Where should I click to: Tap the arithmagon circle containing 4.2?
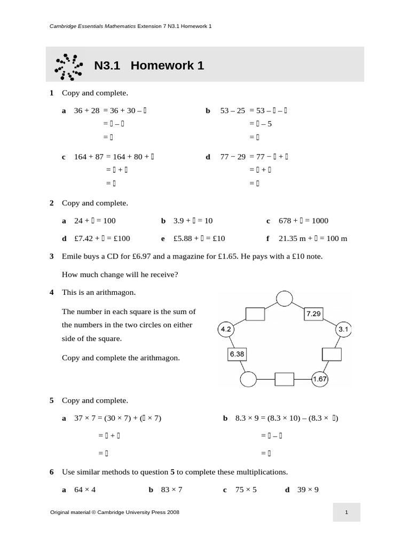click(x=225, y=330)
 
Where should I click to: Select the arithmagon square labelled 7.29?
click(x=313, y=314)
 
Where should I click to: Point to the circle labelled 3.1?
click(x=343, y=330)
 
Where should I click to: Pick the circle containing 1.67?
click(x=320, y=379)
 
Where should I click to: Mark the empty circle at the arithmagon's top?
click(x=284, y=299)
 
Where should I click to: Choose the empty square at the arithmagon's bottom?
click(x=285, y=379)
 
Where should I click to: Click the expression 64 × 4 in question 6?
click(x=85, y=489)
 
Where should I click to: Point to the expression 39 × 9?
click(x=308, y=489)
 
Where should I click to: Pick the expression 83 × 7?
click(x=171, y=489)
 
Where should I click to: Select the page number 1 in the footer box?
click(x=346, y=512)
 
